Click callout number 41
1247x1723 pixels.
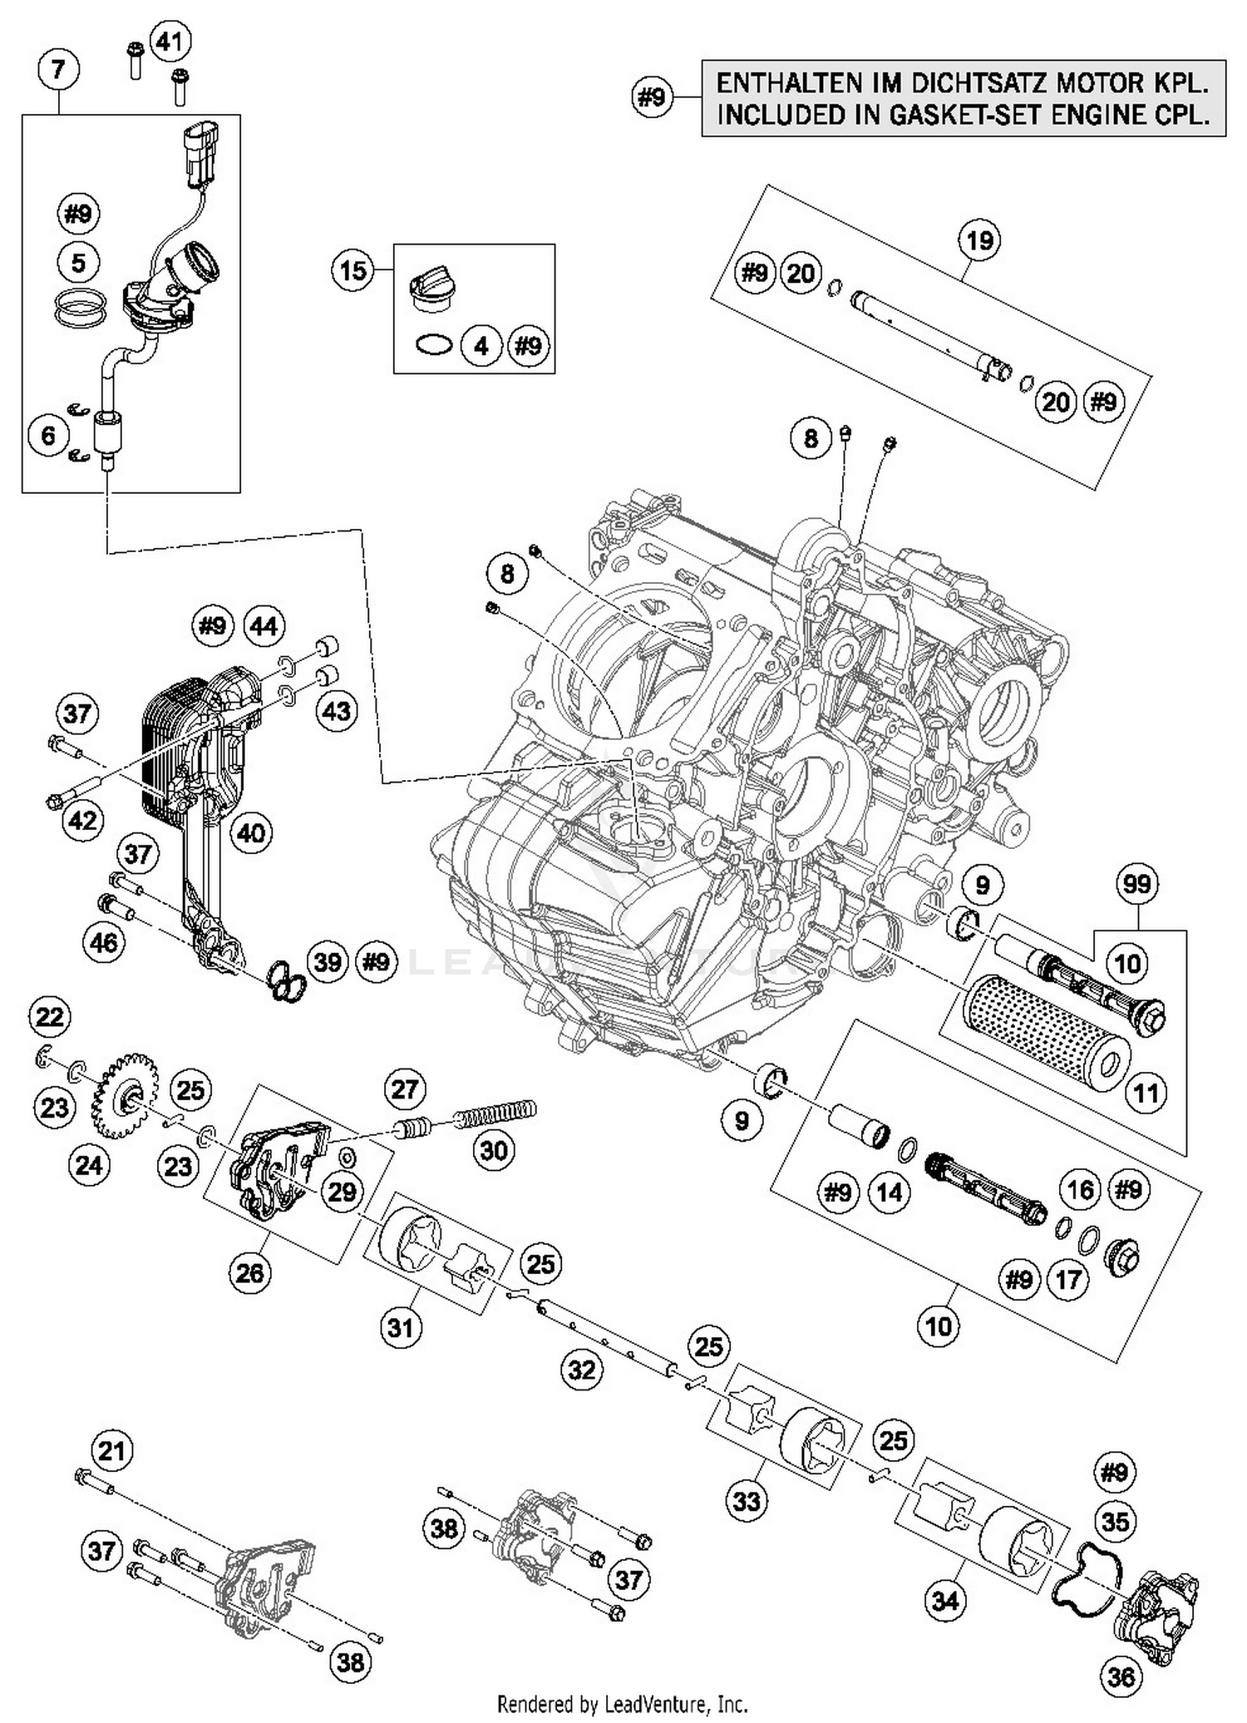pyautogui.click(x=170, y=41)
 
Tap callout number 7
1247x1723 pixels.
pyautogui.click(x=57, y=68)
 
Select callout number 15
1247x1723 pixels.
pyautogui.click(x=352, y=270)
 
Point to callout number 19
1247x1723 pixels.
pyautogui.click(x=979, y=240)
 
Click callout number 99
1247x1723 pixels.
pyautogui.click(x=1137, y=883)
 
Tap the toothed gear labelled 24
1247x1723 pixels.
pyautogui.click(x=123, y=1096)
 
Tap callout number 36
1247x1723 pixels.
pyautogui.click(x=1121, y=1676)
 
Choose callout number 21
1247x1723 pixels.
pyautogui.click(x=112, y=1451)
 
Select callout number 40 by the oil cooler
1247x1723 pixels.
pyautogui.click(x=251, y=832)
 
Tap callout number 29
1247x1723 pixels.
pyautogui.click(x=342, y=1192)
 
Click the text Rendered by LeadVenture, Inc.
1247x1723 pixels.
pyautogui.click(x=623, y=1704)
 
